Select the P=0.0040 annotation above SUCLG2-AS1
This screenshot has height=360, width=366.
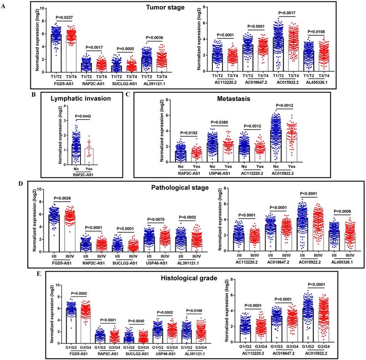click(x=127, y=314)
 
